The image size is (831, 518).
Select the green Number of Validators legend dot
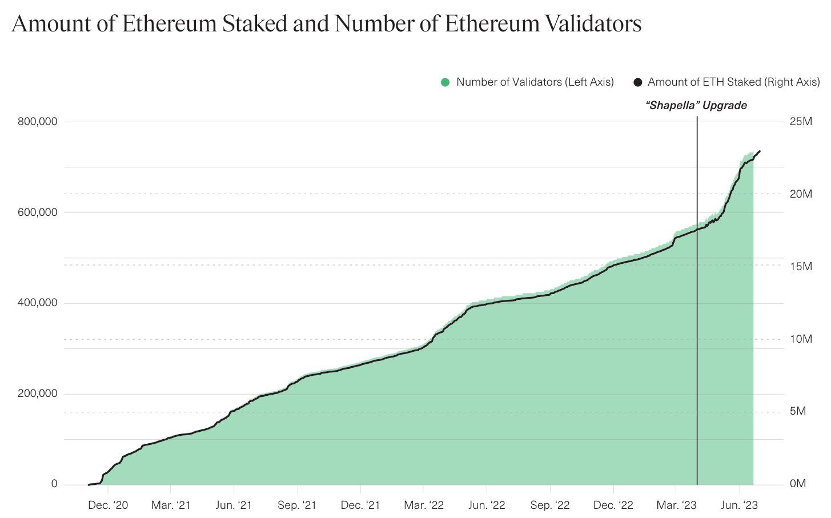[x=445, y=82]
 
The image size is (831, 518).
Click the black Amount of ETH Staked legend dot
[x=638, y=82]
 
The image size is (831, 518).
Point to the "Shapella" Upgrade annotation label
[x=696, y=105]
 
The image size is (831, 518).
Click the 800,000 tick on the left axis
[x=37, y=121]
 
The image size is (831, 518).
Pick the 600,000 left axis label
[x=37, y=212]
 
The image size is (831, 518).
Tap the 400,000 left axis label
[x=37, y=303]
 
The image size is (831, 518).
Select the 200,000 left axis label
[x=37, y=393]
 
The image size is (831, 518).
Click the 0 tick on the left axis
[x=54, y=484]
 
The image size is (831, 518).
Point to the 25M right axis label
[x=801, y=121]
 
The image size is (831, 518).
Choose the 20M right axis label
[x=801, y=194]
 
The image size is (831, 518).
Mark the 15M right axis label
[x=801, y=266]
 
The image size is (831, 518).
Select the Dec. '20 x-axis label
[x=108, y=505]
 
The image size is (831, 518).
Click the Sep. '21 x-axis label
[x=297, y=505]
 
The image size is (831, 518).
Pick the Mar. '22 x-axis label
[x=423, y=505]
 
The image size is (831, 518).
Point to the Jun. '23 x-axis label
[x=740, y=505]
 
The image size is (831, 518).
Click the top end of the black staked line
[x=760, y=151]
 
